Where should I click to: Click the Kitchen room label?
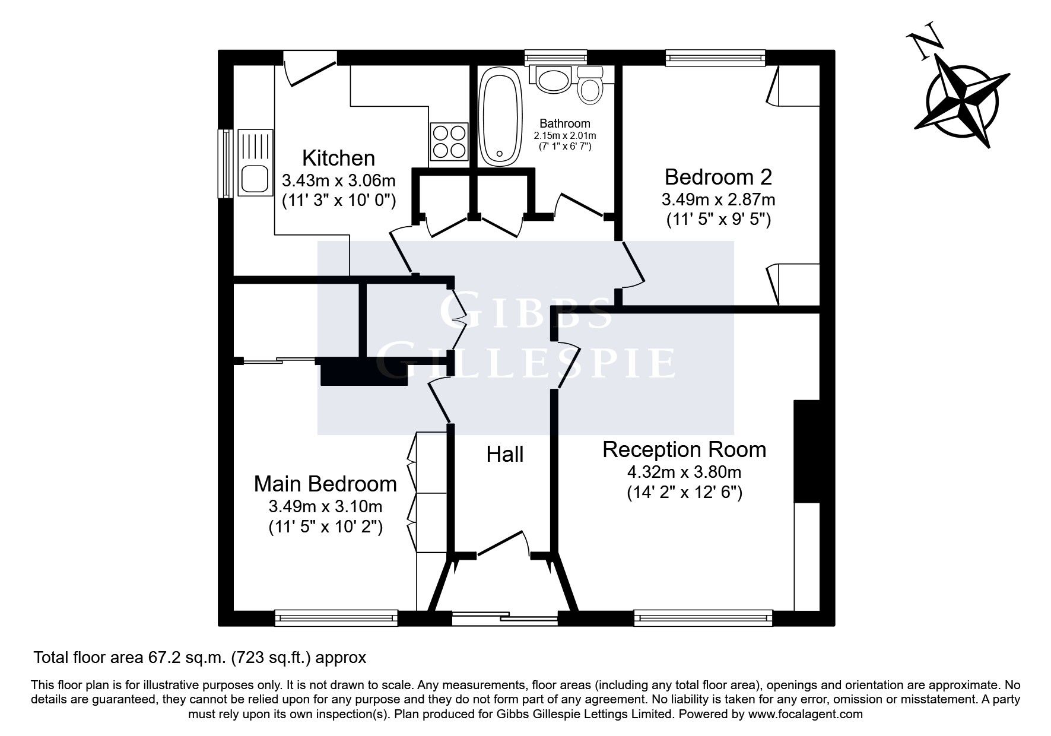click(338, 158)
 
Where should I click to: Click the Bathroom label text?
click(564, 123)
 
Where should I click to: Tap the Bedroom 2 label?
click(718, 177)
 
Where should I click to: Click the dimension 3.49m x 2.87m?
click(718, 199)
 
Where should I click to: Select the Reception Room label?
click(684, 449)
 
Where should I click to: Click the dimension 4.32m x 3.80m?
click(684, 472)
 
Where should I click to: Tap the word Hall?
click(504, 455)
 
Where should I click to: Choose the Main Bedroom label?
click(325, 484)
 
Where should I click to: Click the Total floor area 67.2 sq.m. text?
click(199, 658)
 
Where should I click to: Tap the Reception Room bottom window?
click(703, 618)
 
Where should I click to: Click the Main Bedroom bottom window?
click(336, 618)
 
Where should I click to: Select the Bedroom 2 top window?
click(715, 57)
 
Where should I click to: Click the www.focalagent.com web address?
click(805, 714)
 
